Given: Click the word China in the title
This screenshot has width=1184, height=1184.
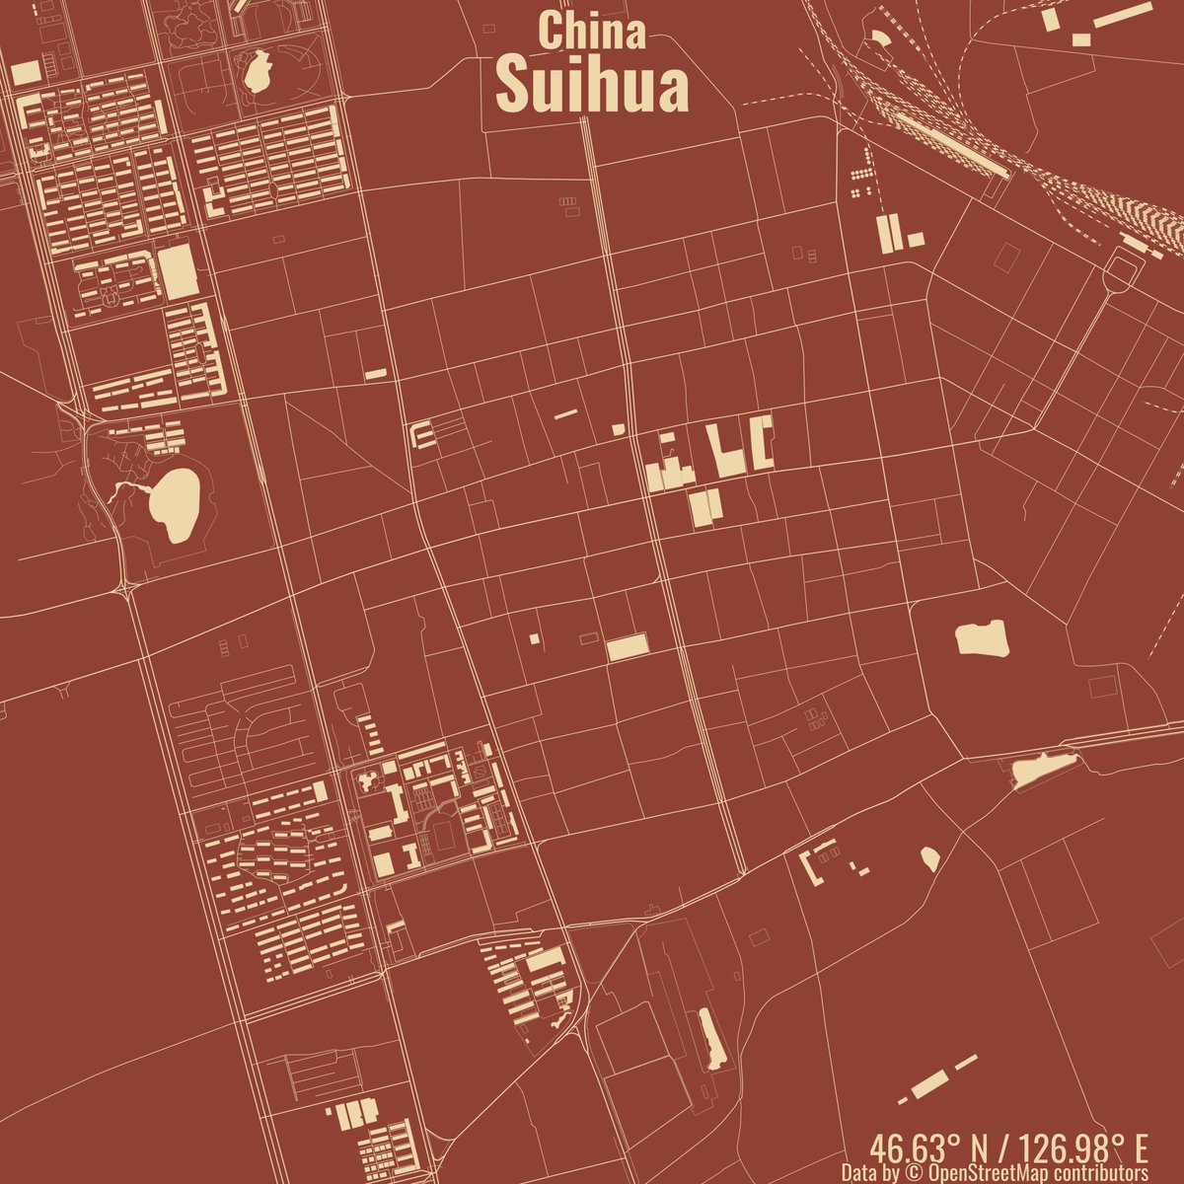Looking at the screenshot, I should click(x=592, y=31).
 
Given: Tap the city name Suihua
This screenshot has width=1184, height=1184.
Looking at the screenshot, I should click(x=592, y=87).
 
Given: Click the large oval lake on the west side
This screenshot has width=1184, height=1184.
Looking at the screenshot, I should click(x=173, y=505).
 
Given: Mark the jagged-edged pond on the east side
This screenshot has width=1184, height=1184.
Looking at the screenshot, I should click(x=981, y=638).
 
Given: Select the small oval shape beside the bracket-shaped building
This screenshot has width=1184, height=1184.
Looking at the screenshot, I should click(x=929, y=858).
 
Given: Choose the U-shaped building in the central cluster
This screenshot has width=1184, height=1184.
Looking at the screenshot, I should click(x=763, y=443).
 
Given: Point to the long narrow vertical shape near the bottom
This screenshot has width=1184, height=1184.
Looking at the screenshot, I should click(x=710, y=1039).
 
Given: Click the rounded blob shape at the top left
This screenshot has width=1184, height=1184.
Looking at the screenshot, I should click(x=257, y=71).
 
